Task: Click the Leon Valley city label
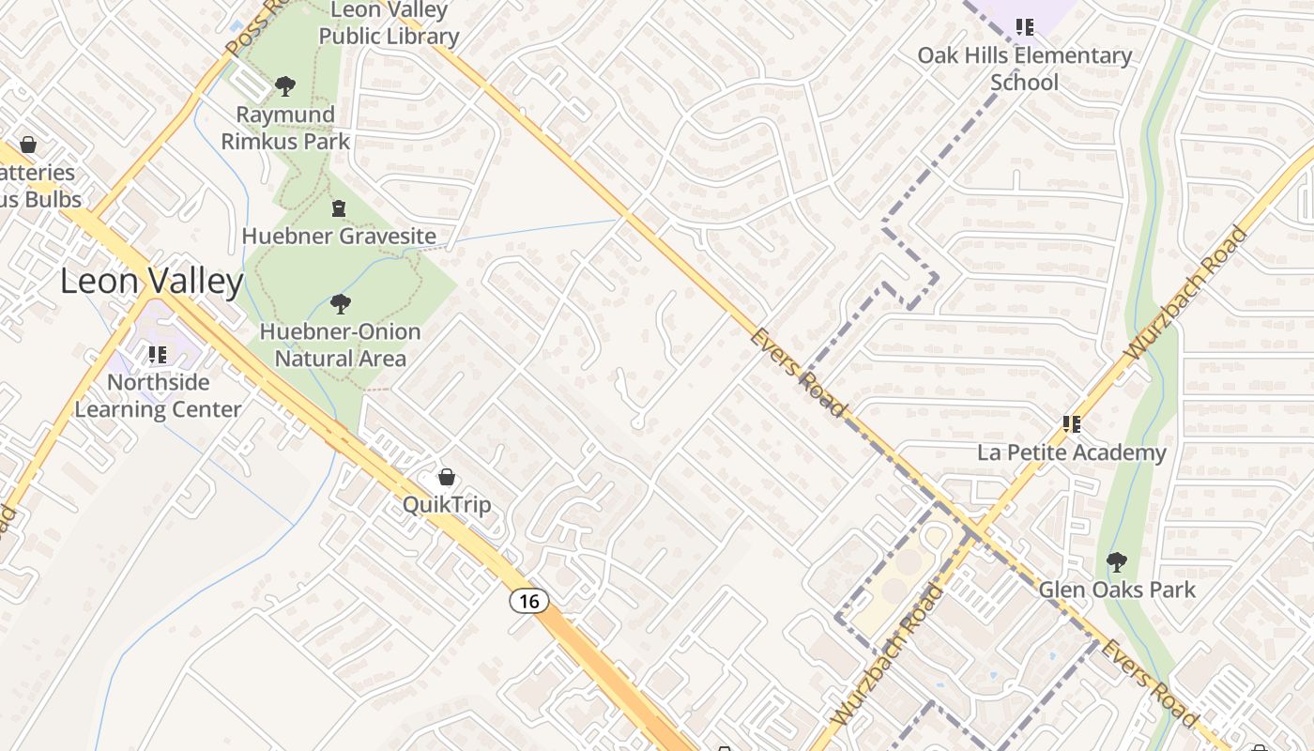click(152, 282)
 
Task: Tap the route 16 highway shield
click(529, 601)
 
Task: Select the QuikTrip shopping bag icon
click(447, 477)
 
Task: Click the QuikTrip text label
click(447, 505)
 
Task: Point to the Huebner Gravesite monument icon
click(339, 208)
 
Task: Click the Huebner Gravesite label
click(339, 236)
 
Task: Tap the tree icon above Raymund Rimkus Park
click(285, 86)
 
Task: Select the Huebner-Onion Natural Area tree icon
click(341, 304)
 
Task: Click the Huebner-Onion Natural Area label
click(341, 345)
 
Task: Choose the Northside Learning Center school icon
click(158, 355)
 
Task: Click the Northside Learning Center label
click(158, 395)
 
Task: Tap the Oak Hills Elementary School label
click(1025, 69)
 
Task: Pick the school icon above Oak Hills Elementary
click(1025, 27)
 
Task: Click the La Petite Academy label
click(1072, 452)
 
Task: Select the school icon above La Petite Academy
click(1072, 424)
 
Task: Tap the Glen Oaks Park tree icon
click(1117, 562)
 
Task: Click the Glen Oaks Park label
click(1117, 590)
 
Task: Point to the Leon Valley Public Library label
click(389, 23)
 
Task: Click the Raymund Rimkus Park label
click(285, 128)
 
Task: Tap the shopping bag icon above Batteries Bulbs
click(28, 145)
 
